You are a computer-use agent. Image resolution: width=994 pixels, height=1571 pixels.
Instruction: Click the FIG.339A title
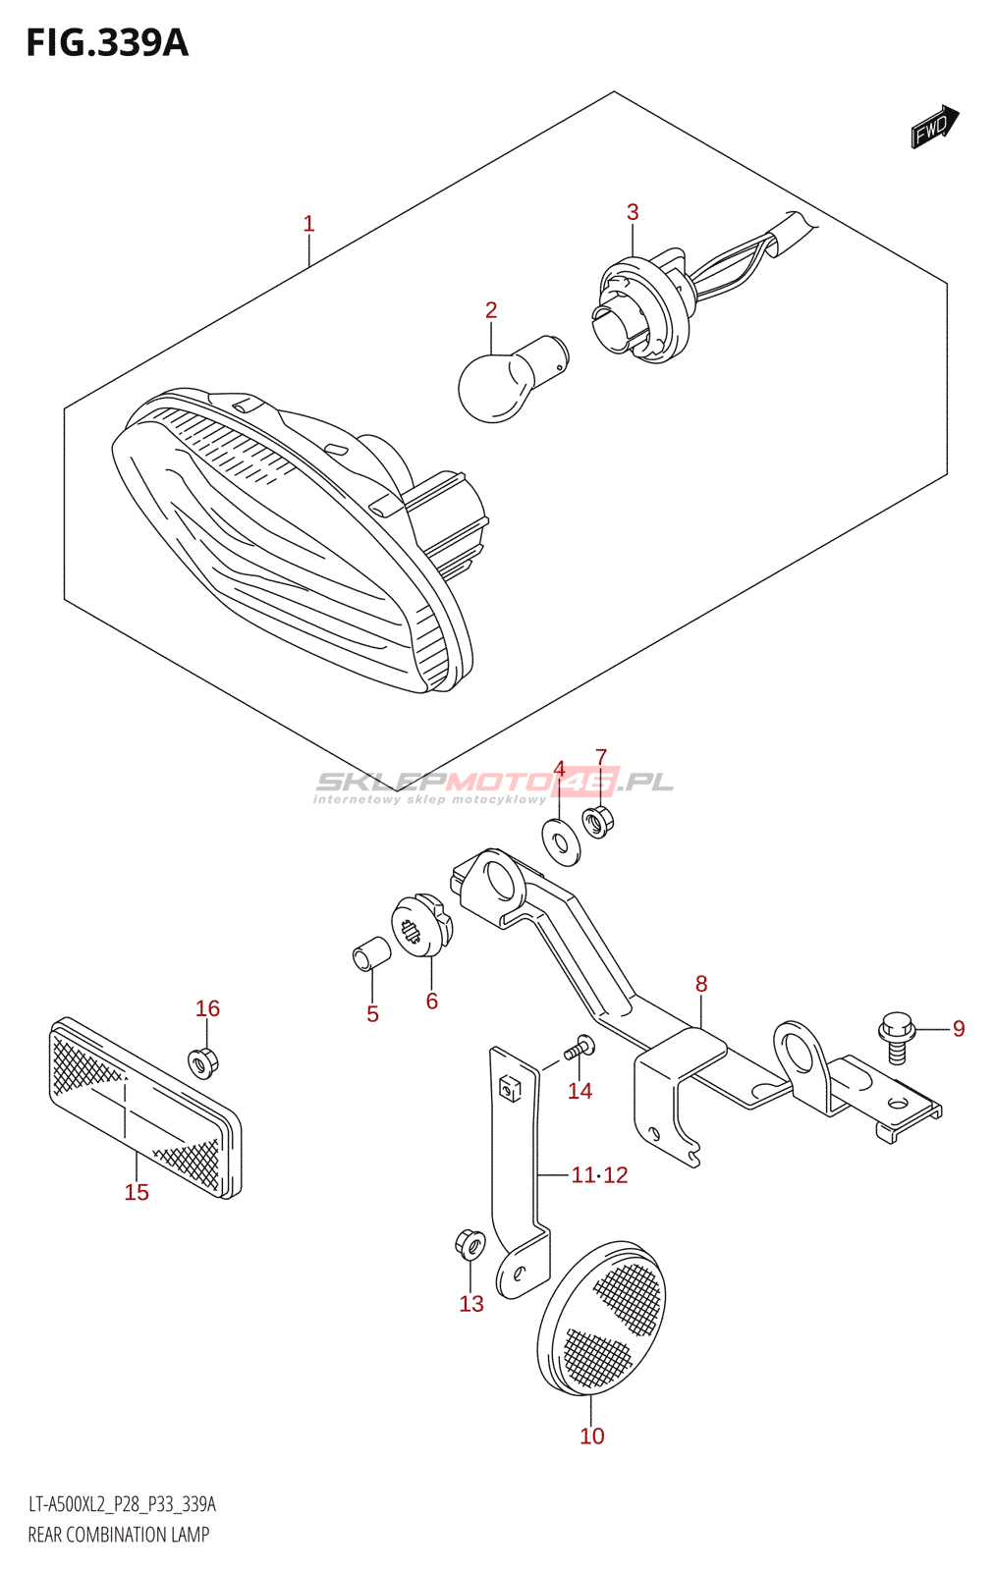(107, 43)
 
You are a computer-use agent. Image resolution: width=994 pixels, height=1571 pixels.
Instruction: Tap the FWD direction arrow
(933, 126)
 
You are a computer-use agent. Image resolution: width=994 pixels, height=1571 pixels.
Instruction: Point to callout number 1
(308, 224)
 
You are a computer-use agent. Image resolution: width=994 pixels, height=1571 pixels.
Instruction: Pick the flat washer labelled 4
(561, 842)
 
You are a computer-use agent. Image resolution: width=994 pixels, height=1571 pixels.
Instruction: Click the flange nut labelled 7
(597, 820)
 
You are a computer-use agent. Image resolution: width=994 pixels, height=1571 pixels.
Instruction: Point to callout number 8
(700, 984)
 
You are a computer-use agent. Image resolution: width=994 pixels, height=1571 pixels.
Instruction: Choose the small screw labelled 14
(580, 1049)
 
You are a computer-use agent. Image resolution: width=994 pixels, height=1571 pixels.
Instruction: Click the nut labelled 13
(469, 1245)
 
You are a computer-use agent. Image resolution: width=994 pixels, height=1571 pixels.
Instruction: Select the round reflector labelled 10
(601, 1320)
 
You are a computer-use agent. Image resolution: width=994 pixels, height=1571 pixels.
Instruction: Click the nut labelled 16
(203, 1061)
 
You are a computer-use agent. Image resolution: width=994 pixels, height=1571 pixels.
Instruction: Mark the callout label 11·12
(599, 1174)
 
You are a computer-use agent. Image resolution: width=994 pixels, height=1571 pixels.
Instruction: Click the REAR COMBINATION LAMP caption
(119, 1535)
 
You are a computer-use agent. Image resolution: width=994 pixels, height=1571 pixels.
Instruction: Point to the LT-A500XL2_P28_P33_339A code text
(122, 1504)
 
